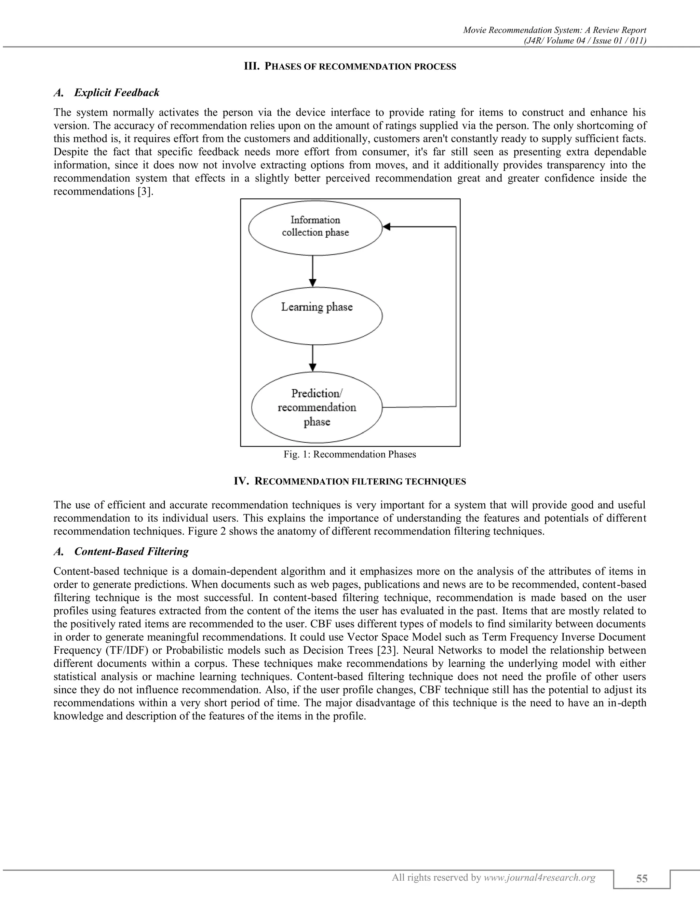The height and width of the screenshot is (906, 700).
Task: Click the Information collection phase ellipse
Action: tap(315, 227)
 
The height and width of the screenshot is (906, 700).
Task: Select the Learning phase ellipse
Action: tap(317, 315)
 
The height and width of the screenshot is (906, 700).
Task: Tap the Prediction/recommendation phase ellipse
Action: tap(317, 408)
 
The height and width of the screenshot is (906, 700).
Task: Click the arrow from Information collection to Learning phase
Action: tap(313, 270)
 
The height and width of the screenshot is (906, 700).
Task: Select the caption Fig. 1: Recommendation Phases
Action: tap(350, 454)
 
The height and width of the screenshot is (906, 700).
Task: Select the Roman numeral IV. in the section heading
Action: tap(241, 481)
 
